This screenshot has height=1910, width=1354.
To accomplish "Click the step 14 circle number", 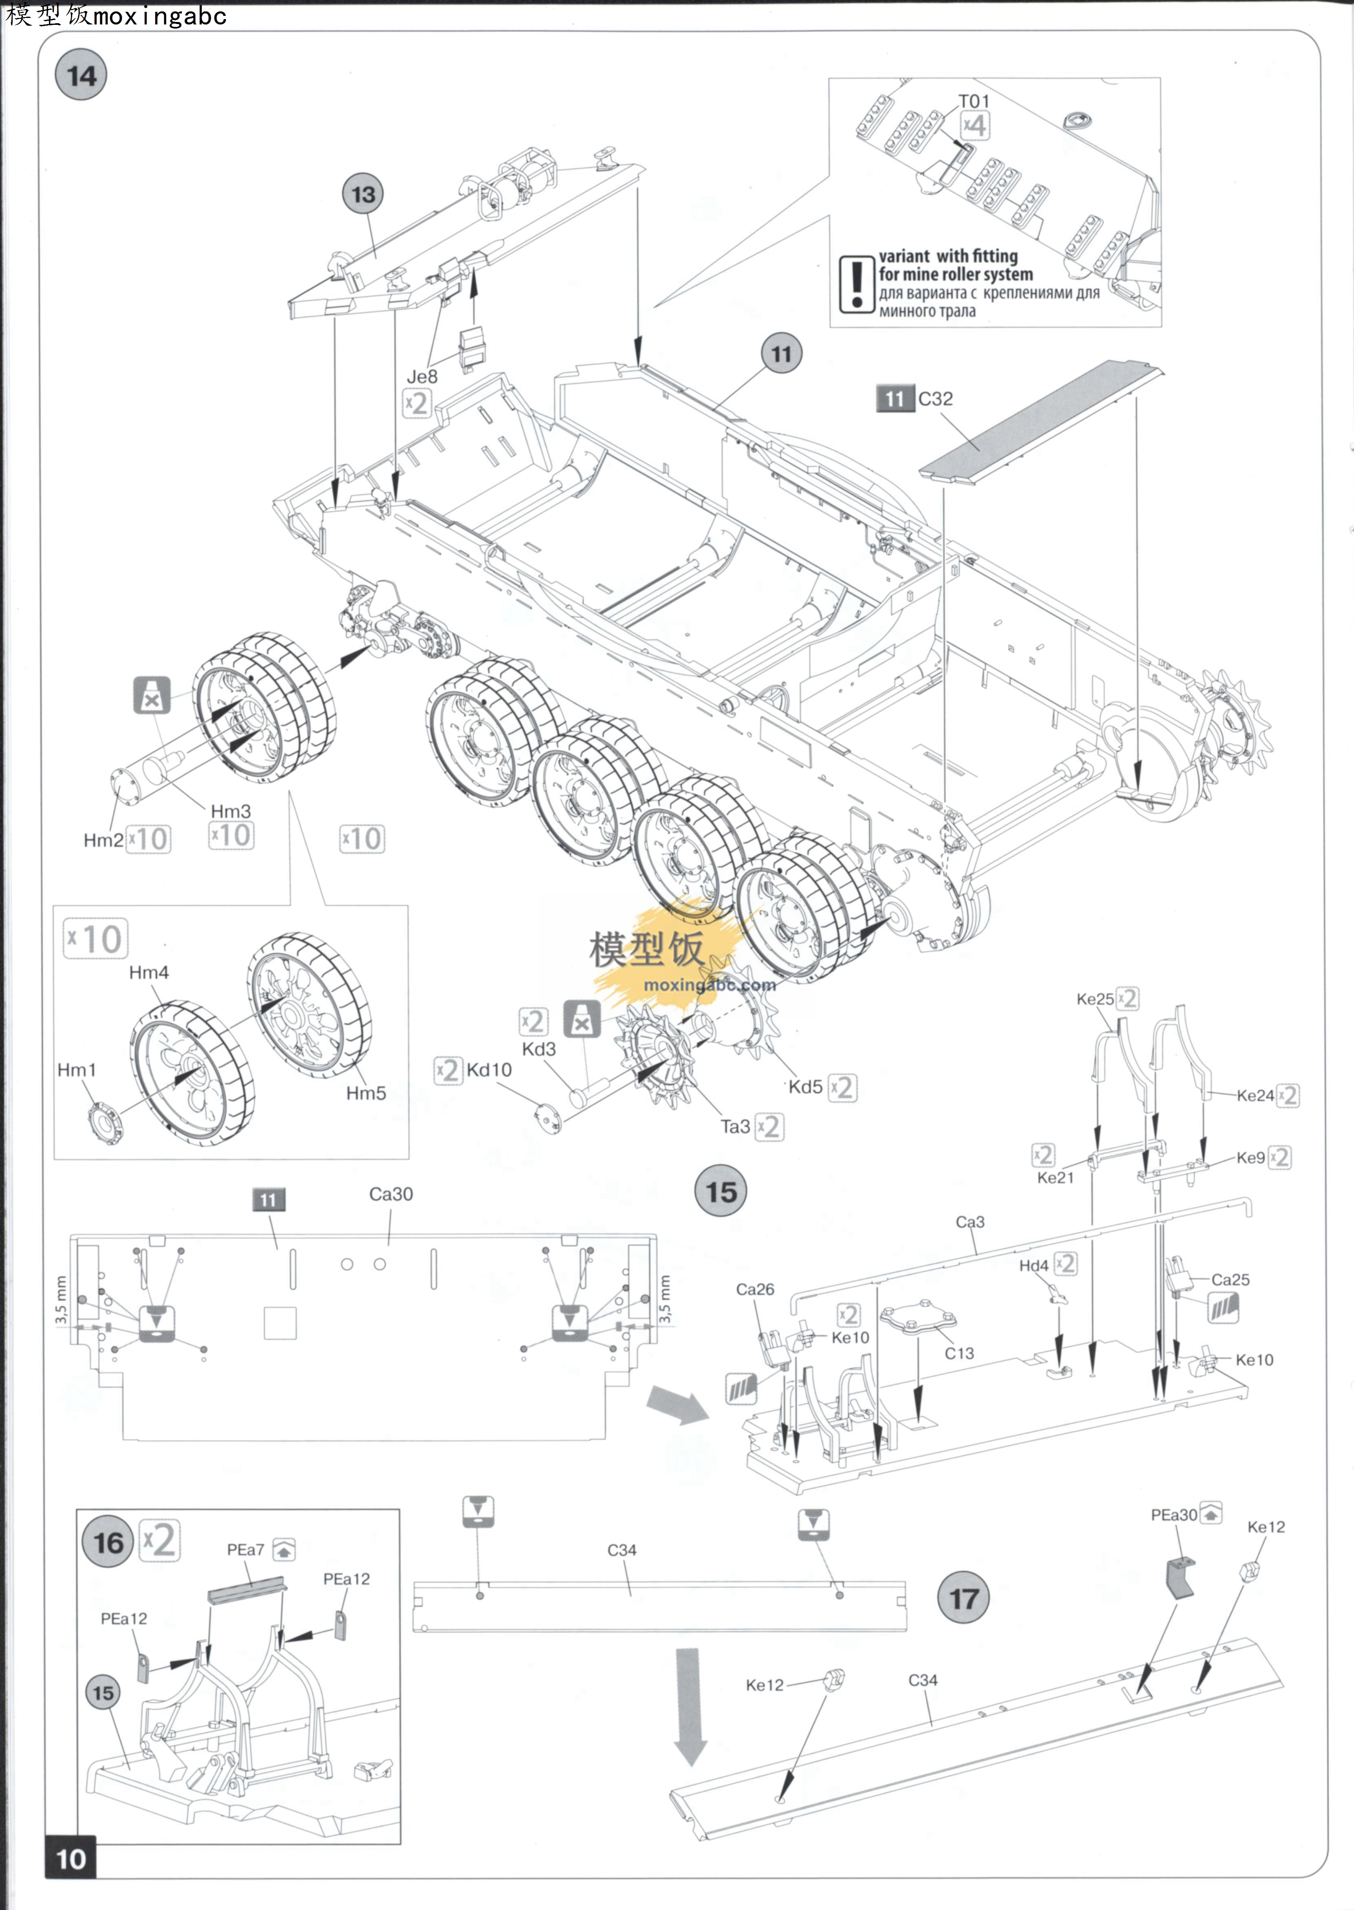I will pos(81,76).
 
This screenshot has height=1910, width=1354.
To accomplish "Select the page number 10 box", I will pos(71,1858).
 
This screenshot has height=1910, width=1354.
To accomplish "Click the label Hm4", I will pos(148,972).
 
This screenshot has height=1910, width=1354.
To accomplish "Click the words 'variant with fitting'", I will pos(948,256).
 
